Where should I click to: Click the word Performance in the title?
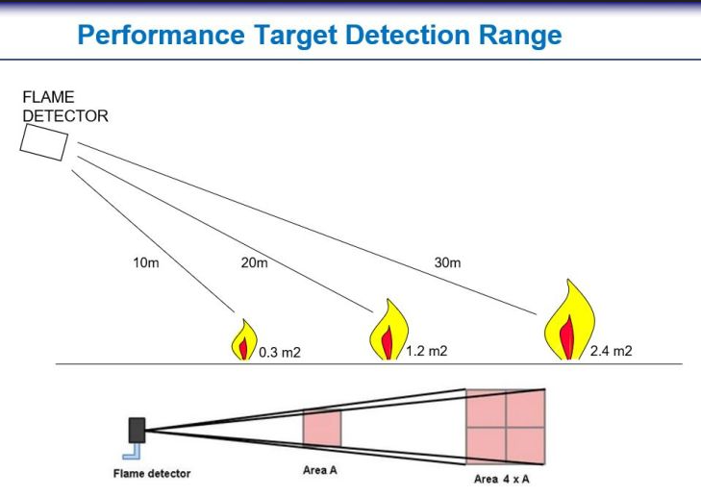162,36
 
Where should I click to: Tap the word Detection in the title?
408,35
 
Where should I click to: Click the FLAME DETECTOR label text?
65,107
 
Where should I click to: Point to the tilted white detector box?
44,142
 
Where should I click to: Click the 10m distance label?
146,262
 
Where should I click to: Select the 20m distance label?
255,262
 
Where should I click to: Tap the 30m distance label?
447,262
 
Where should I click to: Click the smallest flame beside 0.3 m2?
244,339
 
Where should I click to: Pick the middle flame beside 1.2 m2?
388,330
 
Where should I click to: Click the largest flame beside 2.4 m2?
569,320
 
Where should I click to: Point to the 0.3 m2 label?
280,353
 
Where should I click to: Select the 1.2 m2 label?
427,351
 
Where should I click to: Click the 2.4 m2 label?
612,351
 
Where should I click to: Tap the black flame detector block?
137,431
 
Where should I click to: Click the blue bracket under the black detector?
132,452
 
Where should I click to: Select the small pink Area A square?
322,428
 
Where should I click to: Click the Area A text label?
320,470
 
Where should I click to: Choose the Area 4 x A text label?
502,479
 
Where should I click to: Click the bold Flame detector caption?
152,474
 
